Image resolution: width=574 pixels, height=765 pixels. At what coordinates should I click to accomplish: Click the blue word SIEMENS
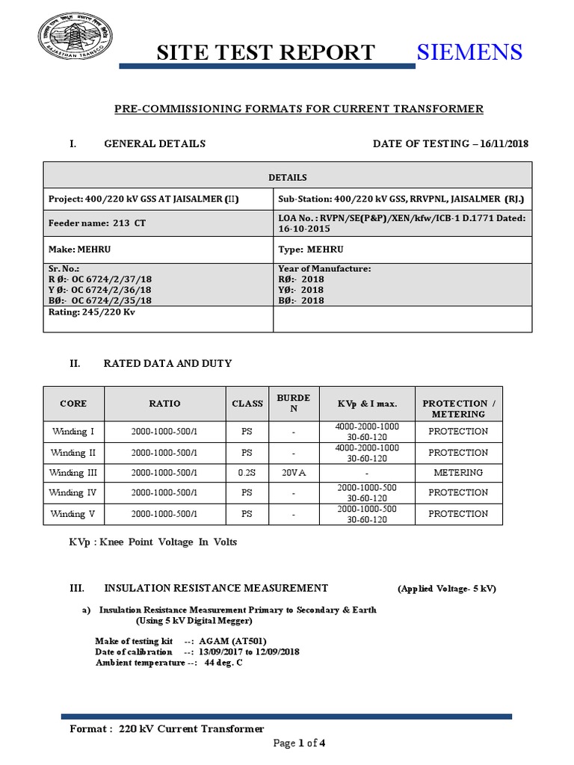click(x=469, y=52)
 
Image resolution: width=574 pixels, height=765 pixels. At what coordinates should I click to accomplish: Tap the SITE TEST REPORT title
click(x=265, y=52)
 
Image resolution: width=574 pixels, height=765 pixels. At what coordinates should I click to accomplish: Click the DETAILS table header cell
click(x=288, y=177)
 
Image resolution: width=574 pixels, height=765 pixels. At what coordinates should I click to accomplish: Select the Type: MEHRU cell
click(x=310, y=249)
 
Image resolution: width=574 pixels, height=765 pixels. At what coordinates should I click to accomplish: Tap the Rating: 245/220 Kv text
click(x=92, y=312)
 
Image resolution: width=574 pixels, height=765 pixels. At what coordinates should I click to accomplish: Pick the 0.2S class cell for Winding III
click(x=247, y=472)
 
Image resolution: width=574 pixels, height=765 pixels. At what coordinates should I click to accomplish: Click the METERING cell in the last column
click(x=458, y=472)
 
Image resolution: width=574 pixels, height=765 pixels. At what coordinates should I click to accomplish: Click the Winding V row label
click(x=73, y=513)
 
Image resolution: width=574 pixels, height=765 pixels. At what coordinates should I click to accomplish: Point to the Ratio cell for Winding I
click(x=164, y=431)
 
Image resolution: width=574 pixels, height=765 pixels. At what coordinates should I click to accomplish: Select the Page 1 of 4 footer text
click(x=299, y=743)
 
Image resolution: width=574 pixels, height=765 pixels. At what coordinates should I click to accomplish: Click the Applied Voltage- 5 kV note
click(x=446, y=589)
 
